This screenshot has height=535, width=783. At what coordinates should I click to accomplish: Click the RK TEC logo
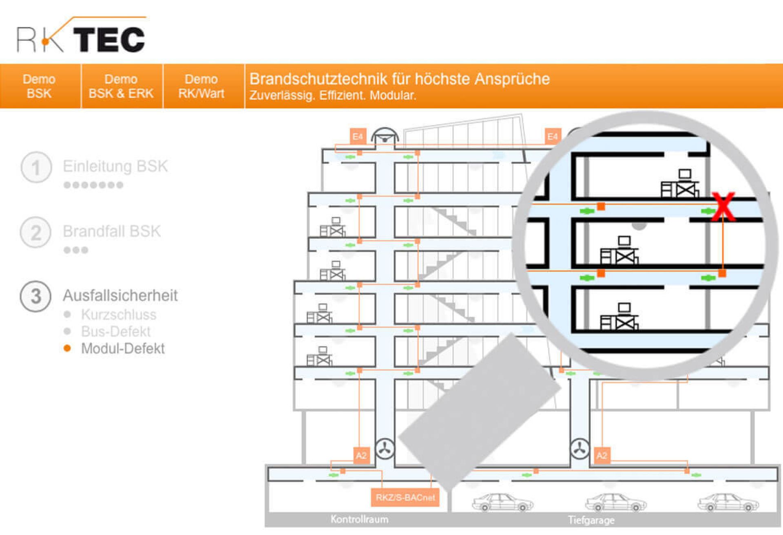[x=81, y=36]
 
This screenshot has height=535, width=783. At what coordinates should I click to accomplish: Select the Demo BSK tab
[x=39, y=86]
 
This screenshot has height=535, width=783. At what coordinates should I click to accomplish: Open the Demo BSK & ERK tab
[x=121, y=86]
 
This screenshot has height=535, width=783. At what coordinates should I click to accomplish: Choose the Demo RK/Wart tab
[x=201, y=86]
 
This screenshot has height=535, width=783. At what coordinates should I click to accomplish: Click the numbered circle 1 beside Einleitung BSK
[x=36, y=167]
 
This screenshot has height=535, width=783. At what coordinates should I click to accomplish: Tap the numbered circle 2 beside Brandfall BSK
[x=36, y=232]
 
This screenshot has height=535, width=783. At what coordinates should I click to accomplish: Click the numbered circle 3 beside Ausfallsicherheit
[x=36, y=296]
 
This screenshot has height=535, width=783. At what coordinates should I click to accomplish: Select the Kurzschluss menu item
[x=119, y=315]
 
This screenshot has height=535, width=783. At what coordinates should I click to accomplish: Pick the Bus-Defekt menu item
[x=116, y=332]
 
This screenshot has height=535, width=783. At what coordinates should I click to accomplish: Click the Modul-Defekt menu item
[x=123, y=349]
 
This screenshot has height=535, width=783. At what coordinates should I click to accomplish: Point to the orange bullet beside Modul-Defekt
[x=67, y=348]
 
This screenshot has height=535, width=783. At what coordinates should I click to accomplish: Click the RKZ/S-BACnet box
[x=405, y=498]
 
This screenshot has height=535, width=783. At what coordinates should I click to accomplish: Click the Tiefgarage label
[x=591, y=520]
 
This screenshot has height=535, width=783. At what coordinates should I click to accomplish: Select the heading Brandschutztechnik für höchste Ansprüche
[x=399, y=79]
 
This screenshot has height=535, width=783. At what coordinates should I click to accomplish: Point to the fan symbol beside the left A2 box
[x=385, y=449]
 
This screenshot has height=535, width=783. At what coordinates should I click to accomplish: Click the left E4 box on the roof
[x=358, y=137]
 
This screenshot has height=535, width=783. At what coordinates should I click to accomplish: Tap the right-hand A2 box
[x=602, y=456]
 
